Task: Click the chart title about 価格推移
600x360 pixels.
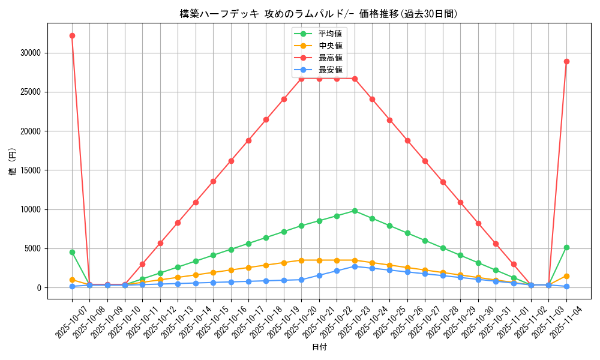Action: click(x=319, y=14)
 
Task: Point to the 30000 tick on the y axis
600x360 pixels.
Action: click(x=30, y=53)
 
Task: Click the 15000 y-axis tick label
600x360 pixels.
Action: click(x=30, y=170)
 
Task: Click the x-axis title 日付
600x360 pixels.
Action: click(x=319, y=347)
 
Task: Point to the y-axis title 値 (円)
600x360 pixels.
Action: click(x=12, y=162)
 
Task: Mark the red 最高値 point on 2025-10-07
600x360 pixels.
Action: click(x=72, y=35)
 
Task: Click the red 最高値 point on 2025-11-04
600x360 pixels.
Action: click(x=566, y=61)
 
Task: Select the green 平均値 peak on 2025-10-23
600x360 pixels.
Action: click(x=355, y=211)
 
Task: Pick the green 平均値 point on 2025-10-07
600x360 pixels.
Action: click(x=72, y=252)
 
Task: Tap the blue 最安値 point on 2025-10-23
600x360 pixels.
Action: click(x=355, y=266)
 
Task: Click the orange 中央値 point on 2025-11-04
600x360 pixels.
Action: click(x=566, y=276)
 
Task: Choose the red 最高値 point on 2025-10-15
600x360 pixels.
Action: click(x=213, y=181)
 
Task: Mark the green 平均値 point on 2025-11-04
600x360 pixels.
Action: click(x=566, y=247)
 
